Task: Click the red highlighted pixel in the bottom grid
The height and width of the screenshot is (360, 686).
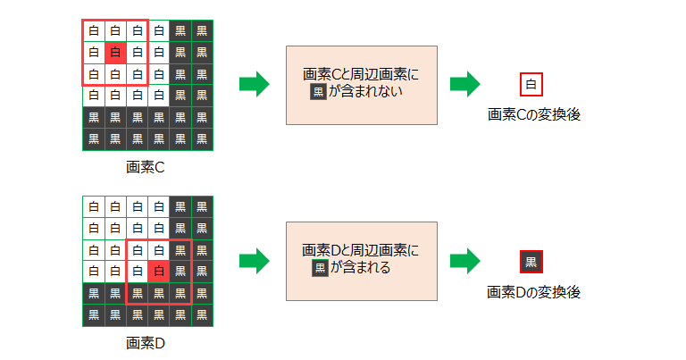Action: (158, 270)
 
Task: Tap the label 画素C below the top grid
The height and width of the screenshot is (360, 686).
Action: (146, 167)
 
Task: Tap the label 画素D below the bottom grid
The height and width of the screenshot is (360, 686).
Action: (146, 342)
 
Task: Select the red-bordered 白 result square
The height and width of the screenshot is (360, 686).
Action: (531, 86)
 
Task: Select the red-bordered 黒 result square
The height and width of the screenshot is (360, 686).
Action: (531, 262)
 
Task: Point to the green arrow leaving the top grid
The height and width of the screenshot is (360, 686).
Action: (255, 85)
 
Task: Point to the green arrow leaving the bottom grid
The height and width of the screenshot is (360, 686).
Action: (255, 262)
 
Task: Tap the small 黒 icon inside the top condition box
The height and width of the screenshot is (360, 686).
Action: (318, 92)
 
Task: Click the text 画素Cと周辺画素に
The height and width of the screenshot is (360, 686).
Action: (361, 75)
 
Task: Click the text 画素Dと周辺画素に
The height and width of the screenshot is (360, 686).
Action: (361, 250)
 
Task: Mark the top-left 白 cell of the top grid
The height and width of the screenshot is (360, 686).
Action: (93, 31)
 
